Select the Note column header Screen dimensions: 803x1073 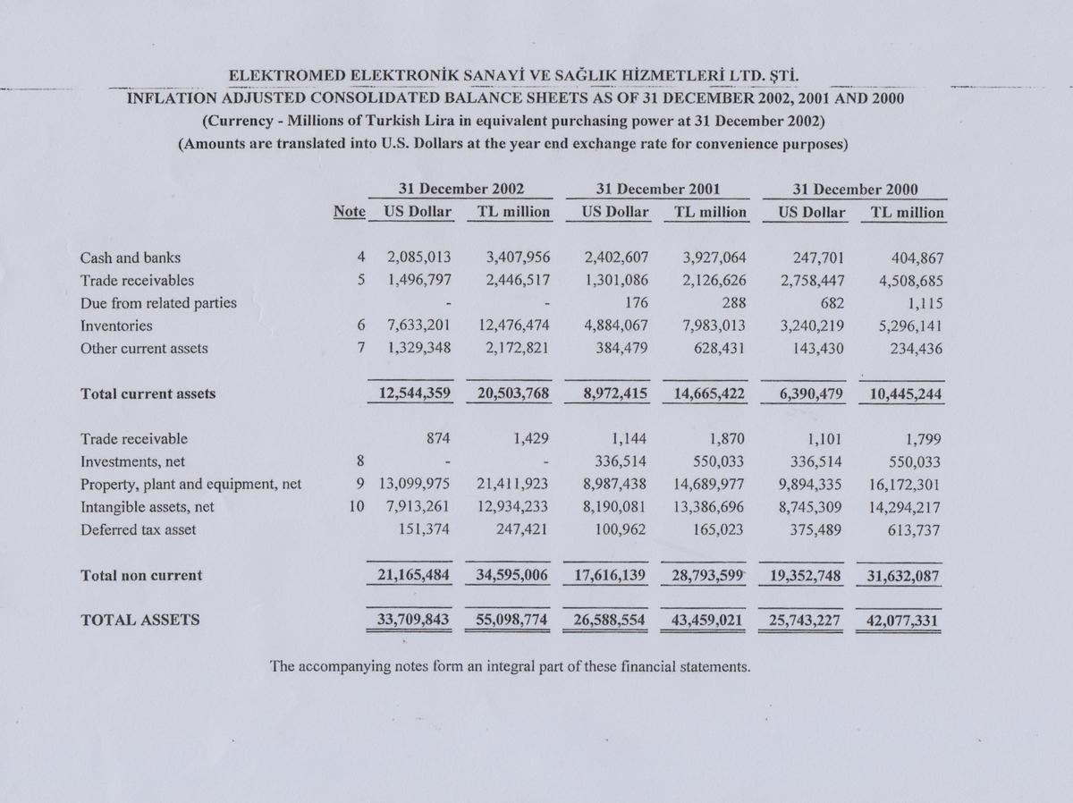tap(349, 213)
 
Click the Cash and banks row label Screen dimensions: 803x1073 tap(131, 258)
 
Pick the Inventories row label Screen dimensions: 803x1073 tap(116, 326)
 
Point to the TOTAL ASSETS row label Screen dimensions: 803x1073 tap(140, 619)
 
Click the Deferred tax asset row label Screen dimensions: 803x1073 tap(138, 529)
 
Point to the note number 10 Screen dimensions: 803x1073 tap(357, 507)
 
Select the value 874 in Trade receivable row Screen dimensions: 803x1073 tap(436, 439)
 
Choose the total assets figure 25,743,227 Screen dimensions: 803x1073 tap(801, 619)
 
